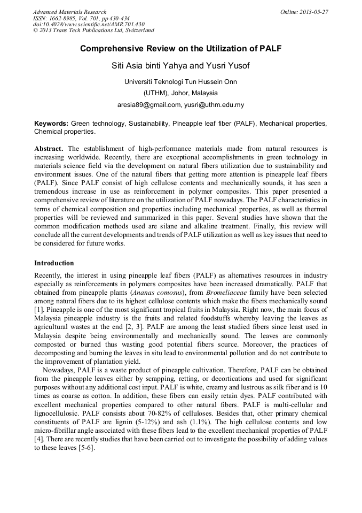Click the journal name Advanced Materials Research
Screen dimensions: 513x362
69,12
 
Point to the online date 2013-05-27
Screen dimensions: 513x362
313,12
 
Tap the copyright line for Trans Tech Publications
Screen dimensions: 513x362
93,31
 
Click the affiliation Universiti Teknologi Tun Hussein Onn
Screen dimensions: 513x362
180,82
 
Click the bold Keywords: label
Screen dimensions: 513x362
51,124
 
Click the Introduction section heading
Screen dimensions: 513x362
54,263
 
